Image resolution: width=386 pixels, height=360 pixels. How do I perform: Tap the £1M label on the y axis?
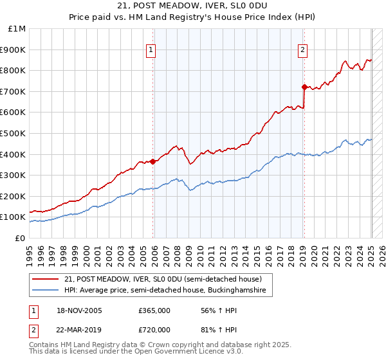[17, 29]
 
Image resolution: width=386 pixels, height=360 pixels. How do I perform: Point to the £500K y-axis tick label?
[14, 133]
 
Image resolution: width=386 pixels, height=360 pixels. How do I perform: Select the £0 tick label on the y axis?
[21, 238]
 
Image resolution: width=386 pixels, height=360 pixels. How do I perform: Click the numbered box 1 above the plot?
[151, 50]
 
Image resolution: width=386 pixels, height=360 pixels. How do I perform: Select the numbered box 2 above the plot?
[302, 50]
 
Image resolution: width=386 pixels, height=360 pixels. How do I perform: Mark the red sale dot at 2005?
[152, 161]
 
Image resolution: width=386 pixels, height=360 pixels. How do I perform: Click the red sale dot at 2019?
[304, 86]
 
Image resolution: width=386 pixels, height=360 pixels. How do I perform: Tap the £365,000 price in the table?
[154, 310]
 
